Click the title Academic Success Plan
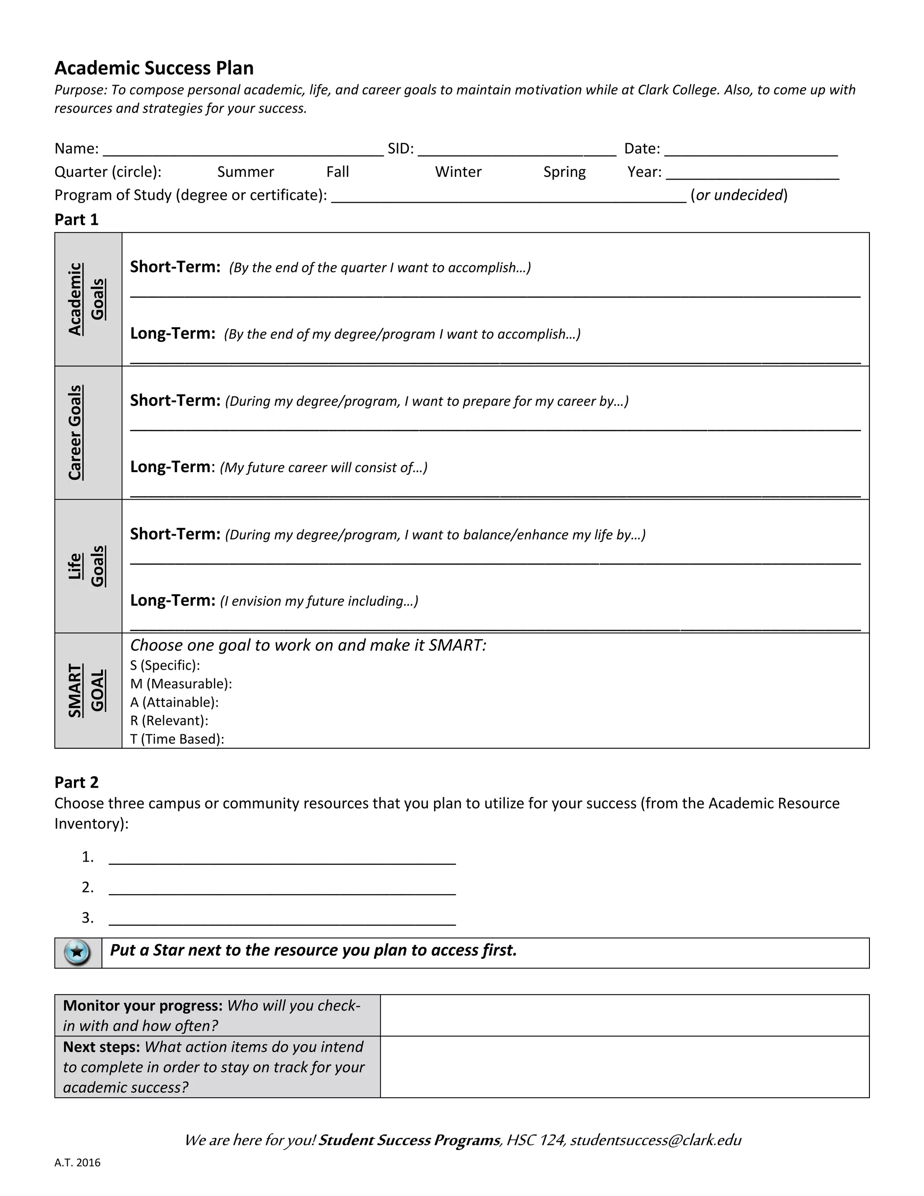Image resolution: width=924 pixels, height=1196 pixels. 154,68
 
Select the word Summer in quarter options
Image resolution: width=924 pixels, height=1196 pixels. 245,172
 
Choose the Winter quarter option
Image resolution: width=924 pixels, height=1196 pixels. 458,172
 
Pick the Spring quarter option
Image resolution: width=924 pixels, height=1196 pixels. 564,172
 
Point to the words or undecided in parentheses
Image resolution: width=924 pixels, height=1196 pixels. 739,195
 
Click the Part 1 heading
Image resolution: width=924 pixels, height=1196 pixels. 77,220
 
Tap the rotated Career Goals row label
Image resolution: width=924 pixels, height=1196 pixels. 75,433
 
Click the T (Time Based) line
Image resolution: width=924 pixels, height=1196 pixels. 177,739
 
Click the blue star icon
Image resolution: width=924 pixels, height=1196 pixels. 77,952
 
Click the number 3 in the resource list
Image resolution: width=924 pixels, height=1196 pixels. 87,918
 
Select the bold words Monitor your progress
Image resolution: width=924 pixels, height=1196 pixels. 142,1006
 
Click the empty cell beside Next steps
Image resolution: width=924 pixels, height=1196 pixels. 624,1067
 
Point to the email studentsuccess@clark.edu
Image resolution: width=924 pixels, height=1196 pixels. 655,1140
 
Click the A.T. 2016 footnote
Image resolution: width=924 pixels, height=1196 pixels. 77,1163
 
